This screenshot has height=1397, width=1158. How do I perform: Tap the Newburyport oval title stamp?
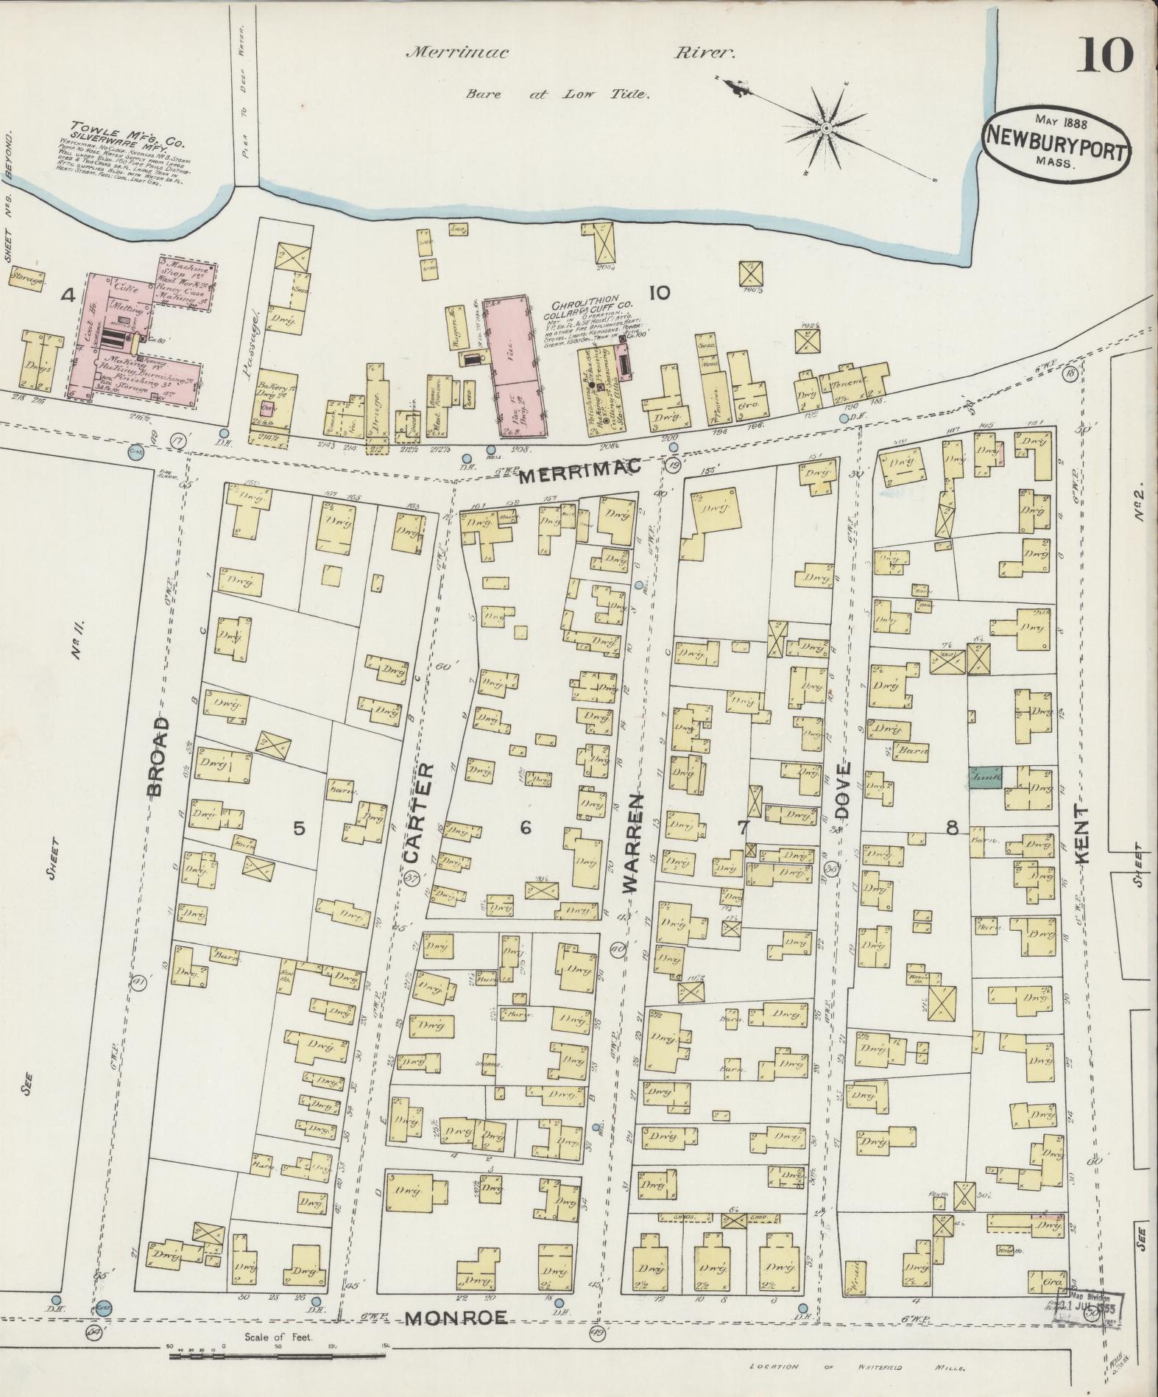[x=1056, y=141]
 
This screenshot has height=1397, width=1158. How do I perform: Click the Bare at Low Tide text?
[x=557, y=94]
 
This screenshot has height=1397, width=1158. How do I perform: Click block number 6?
[x=525, y=828]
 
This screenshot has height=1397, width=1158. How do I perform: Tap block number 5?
[x=298, y=828]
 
